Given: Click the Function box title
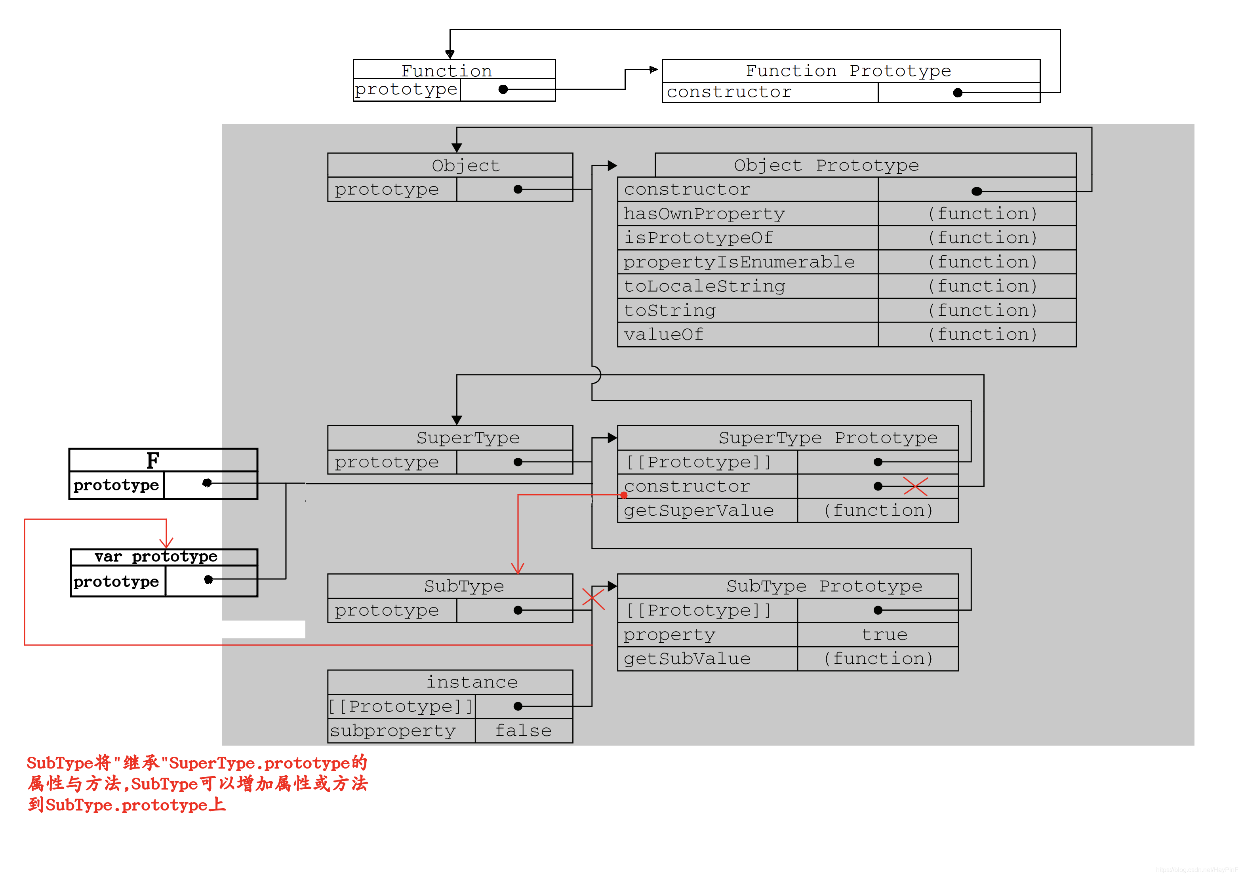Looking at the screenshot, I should point(446,71).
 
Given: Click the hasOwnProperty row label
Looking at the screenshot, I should point(704,214).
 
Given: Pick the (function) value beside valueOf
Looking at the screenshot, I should point(982,335).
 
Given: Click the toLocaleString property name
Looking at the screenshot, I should point(704,286).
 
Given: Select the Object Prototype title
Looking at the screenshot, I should point(826,165).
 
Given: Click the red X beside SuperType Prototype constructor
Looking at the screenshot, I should point(915,486).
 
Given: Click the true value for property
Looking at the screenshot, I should point(884,635).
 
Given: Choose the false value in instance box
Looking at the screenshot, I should point(523,731).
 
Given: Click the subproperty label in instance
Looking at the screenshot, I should point(393,731).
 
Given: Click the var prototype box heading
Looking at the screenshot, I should point(156,557).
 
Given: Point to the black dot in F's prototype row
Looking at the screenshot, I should point(207,483).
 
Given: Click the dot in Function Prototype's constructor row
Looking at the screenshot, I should point(958,93).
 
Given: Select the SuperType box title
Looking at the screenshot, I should point(467,438).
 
